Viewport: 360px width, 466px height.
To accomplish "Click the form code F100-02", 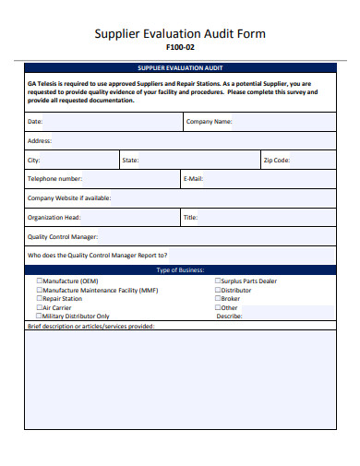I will pos(180,47).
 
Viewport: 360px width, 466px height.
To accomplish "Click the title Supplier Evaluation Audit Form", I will pos(180,33).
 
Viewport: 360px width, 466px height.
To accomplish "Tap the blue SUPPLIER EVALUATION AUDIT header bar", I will pos(180,68).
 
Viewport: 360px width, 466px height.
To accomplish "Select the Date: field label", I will pos(35,121).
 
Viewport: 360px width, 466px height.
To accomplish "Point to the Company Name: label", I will pos(210,121).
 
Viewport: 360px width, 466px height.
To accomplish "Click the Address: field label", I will pos(40,140).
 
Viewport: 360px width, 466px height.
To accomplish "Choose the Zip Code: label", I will pos(277,160).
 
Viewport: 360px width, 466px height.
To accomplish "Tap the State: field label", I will pos(130,160).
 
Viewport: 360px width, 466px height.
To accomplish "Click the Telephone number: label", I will pos(54,179).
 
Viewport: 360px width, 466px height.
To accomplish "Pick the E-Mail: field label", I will pos(194,179).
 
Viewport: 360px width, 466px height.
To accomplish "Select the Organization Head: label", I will pos(54,218).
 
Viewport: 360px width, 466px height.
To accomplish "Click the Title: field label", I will pos(190,218).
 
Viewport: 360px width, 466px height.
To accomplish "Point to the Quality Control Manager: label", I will pos(63,237).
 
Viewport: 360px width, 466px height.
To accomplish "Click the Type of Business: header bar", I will pos(180,270).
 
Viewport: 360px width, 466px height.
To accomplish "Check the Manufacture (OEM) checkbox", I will pos(40,281).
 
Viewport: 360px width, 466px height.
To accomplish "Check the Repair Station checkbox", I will pos(40,298).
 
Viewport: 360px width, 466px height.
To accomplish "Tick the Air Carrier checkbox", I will pos(40,307).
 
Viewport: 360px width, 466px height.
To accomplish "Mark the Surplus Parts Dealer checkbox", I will pos(218,281).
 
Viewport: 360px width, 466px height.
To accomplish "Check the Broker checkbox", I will pos(218,298).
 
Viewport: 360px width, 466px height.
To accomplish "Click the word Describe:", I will pos(229,316).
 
